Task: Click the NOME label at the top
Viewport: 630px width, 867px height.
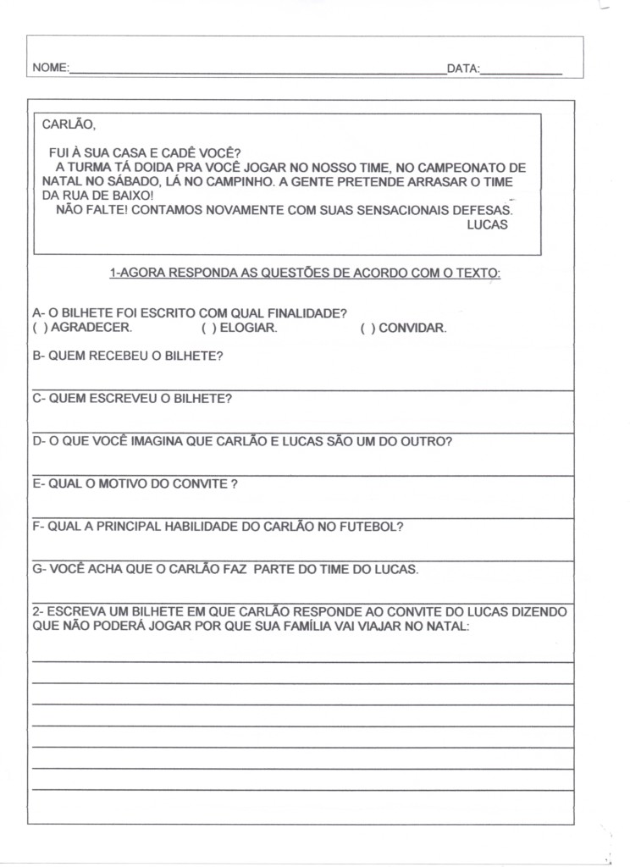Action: pos(50,68)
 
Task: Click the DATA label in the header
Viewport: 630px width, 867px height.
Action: pos(462,68)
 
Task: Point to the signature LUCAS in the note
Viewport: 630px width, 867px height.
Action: pos(487,225)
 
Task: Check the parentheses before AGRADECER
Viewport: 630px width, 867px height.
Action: pos(39,329)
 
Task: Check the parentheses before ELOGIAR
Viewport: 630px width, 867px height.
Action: pos(209,329)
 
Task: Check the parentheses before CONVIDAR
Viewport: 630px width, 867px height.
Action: pos(367,329)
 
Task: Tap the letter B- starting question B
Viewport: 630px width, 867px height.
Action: pos(38,356)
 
